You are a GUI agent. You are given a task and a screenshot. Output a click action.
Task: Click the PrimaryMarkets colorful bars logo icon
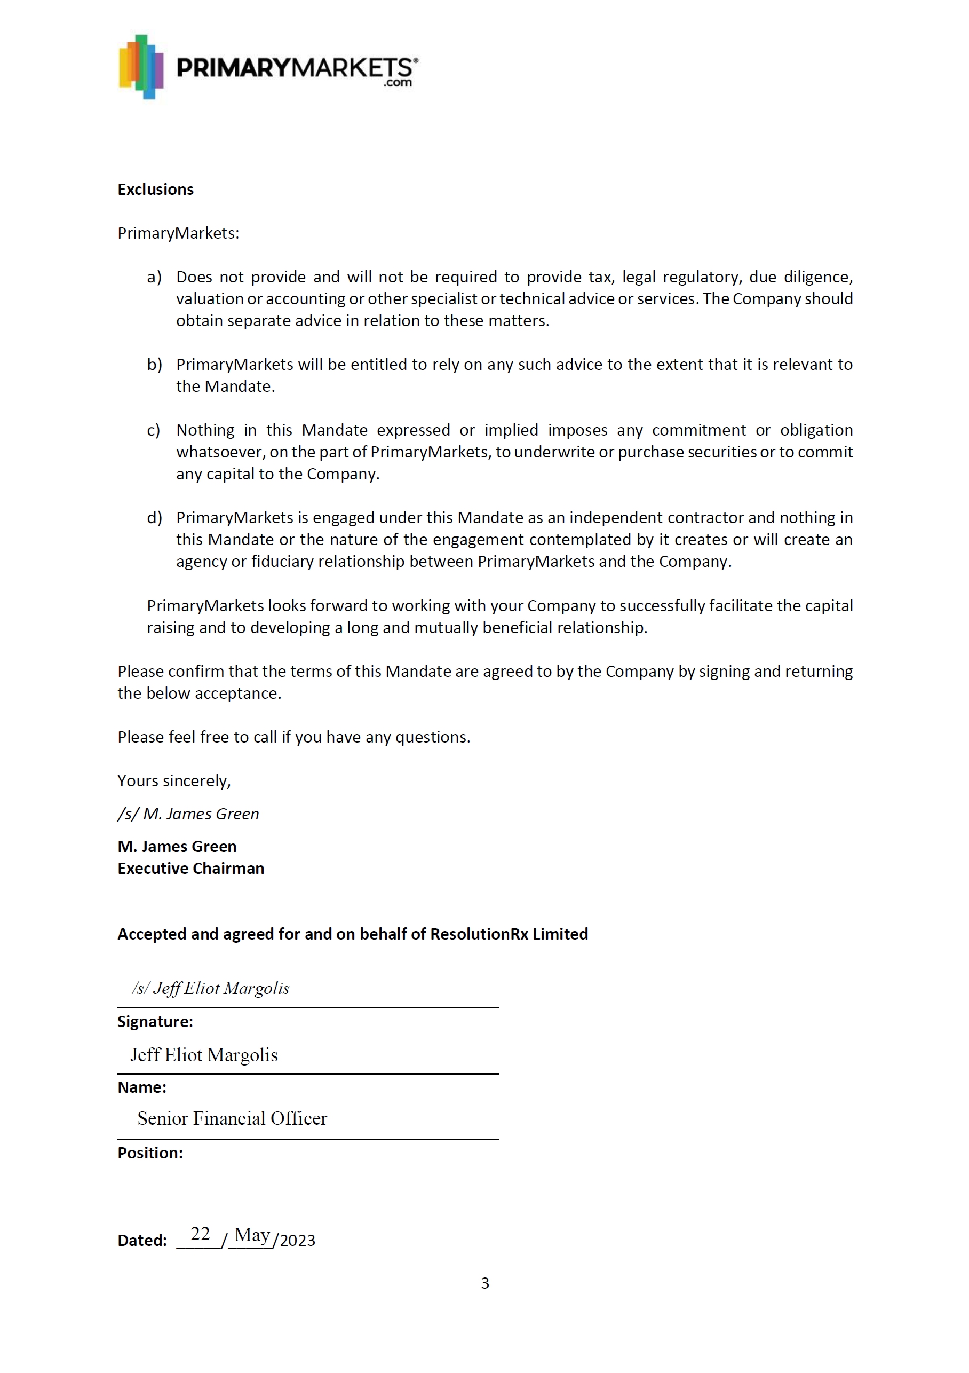[x=141, y=66]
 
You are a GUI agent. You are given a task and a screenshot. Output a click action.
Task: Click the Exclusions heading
[x=155, y=190]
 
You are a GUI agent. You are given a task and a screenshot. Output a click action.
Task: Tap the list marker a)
[x=154, y=277]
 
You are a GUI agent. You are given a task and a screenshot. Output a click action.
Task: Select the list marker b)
[x=154, y=364]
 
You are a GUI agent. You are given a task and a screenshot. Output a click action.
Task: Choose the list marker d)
[x=154, y=517]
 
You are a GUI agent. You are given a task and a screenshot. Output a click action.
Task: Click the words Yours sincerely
[x=174, y=780]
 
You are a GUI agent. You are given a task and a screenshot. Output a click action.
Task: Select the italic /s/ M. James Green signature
[x=188, y=814]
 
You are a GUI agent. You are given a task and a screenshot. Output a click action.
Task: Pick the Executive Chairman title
[x=190, y=869]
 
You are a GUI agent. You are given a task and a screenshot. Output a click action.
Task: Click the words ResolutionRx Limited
[x=509, y=934]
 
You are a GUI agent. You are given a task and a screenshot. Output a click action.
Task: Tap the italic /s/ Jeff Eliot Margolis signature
[x=210, y=989]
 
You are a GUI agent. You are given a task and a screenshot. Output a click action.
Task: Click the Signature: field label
[x=155, y=1022]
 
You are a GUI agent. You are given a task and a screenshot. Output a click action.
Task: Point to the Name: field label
[x=142, y=1087]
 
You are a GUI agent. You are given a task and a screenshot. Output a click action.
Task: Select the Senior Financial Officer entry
[x=232, y=1118]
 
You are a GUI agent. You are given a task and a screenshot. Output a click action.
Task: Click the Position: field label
[x=150, y=1153]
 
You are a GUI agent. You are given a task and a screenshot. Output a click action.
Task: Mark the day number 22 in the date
[x=200, y=1234]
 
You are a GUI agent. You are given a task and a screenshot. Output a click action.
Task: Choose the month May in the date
[x=252, y=1235]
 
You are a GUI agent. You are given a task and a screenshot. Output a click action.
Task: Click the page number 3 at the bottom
[x=485, y=1283]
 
